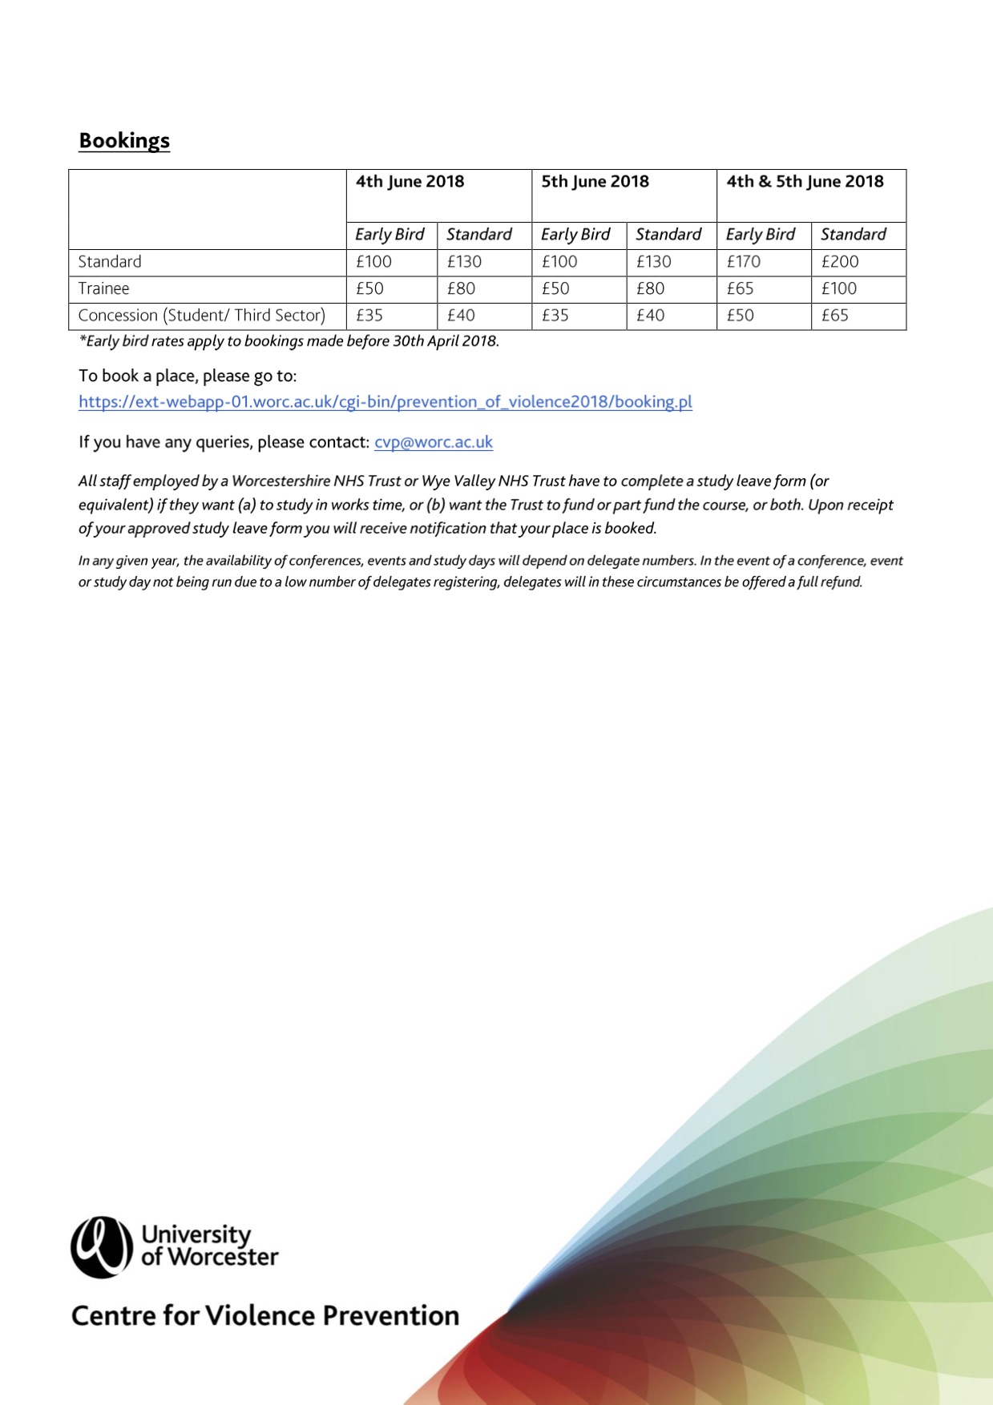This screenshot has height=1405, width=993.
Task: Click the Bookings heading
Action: (124, 140)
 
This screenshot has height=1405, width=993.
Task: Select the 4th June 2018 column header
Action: (410, 182)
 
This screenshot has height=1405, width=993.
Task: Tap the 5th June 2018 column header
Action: (595, 182)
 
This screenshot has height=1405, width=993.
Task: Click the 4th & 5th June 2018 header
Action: (805, 182)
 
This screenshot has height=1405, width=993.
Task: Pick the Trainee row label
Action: (103, 288)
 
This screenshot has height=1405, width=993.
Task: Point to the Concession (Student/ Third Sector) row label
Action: (201, 316)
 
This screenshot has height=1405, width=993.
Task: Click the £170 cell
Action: (743, 262)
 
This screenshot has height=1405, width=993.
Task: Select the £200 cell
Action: (839, 262)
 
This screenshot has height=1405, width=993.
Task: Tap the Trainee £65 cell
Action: (740, 288)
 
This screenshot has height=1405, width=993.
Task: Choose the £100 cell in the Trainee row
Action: (838, 288)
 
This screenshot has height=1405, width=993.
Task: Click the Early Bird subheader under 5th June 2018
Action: (575, 235)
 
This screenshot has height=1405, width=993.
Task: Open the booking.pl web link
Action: (385, 402)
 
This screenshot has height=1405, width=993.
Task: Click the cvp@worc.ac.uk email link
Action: (434, 442)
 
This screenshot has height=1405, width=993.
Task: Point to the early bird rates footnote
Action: (289, 341)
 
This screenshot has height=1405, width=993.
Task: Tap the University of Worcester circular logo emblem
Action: (101, 1246)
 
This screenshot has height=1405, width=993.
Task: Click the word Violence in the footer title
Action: (256, 1316)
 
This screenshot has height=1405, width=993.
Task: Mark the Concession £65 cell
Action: (834, 316)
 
